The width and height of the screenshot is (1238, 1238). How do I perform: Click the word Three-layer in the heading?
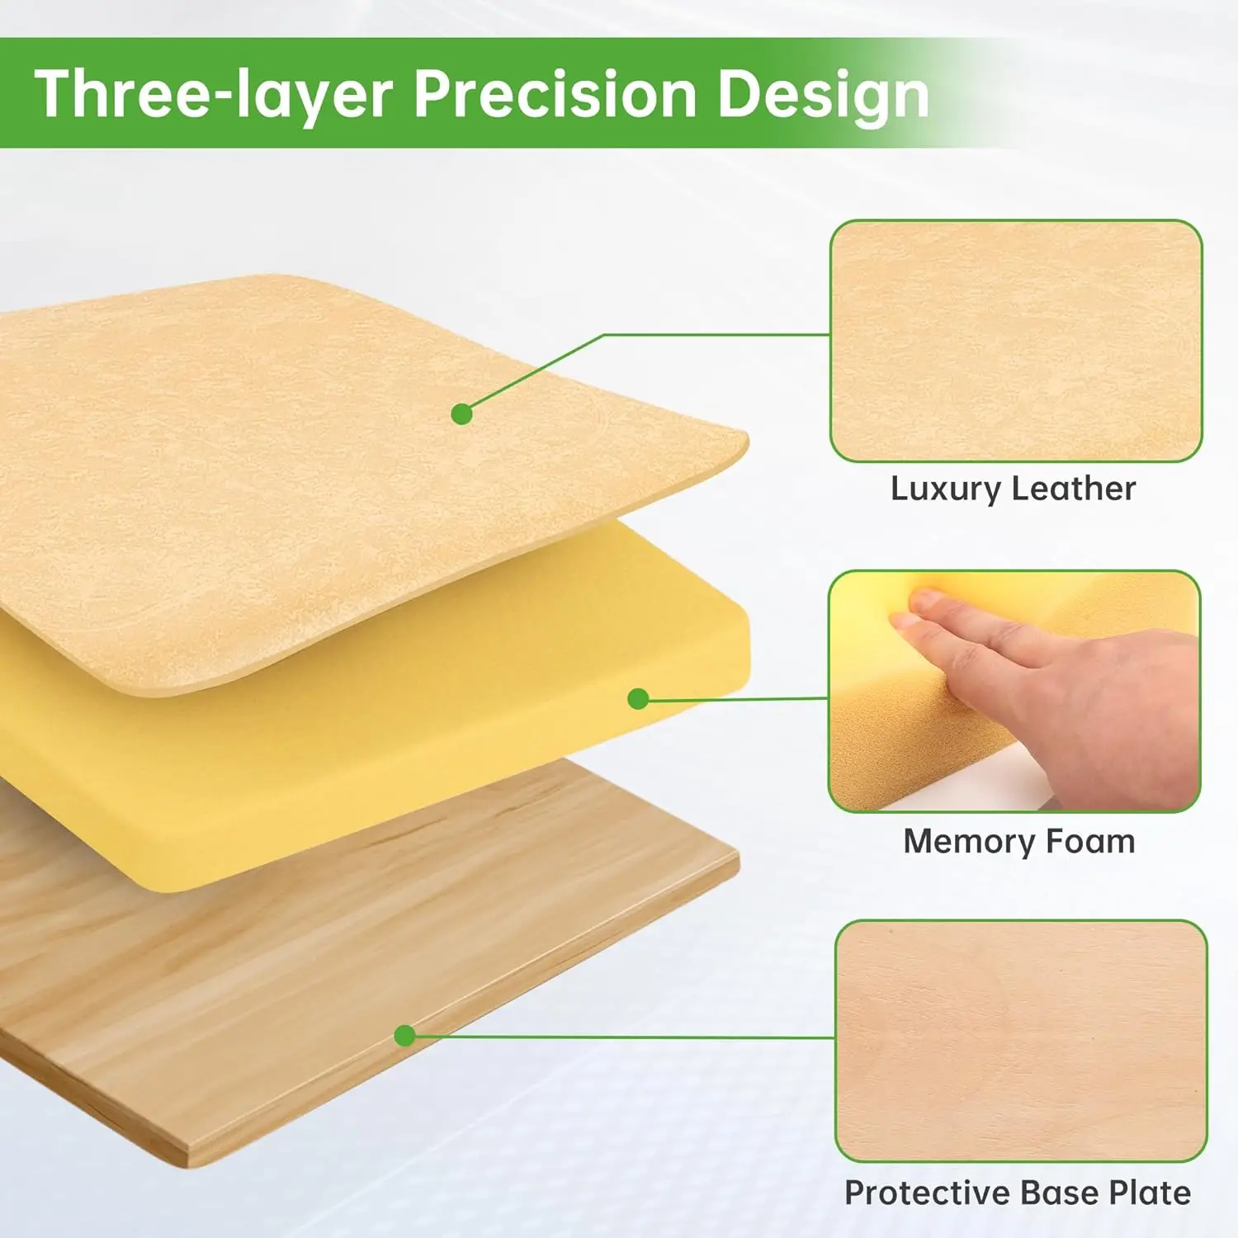point(213,95)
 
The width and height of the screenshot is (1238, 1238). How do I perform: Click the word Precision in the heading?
point(555,93)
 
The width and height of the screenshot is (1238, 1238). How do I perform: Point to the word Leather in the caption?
point(1074,488)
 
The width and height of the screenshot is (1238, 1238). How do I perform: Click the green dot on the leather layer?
point(462,413)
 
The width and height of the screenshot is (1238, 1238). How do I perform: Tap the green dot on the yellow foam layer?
point(638,699)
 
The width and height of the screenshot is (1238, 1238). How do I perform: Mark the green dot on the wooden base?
point(404,1035)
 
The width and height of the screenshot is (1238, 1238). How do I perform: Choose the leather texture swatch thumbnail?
point(1016,341)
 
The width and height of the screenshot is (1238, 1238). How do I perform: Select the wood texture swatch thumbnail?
point(1021,1041)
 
